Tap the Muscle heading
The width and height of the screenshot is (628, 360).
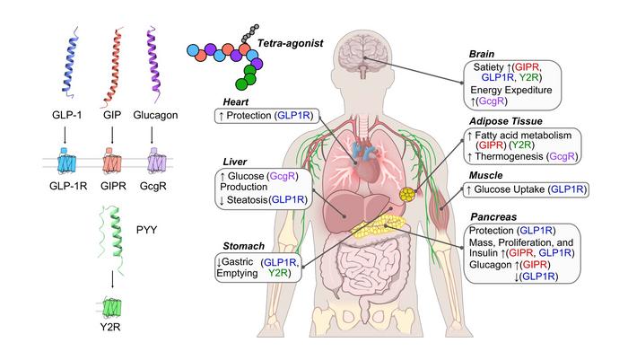click(497, 176)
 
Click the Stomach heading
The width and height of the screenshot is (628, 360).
click(238, 244)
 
